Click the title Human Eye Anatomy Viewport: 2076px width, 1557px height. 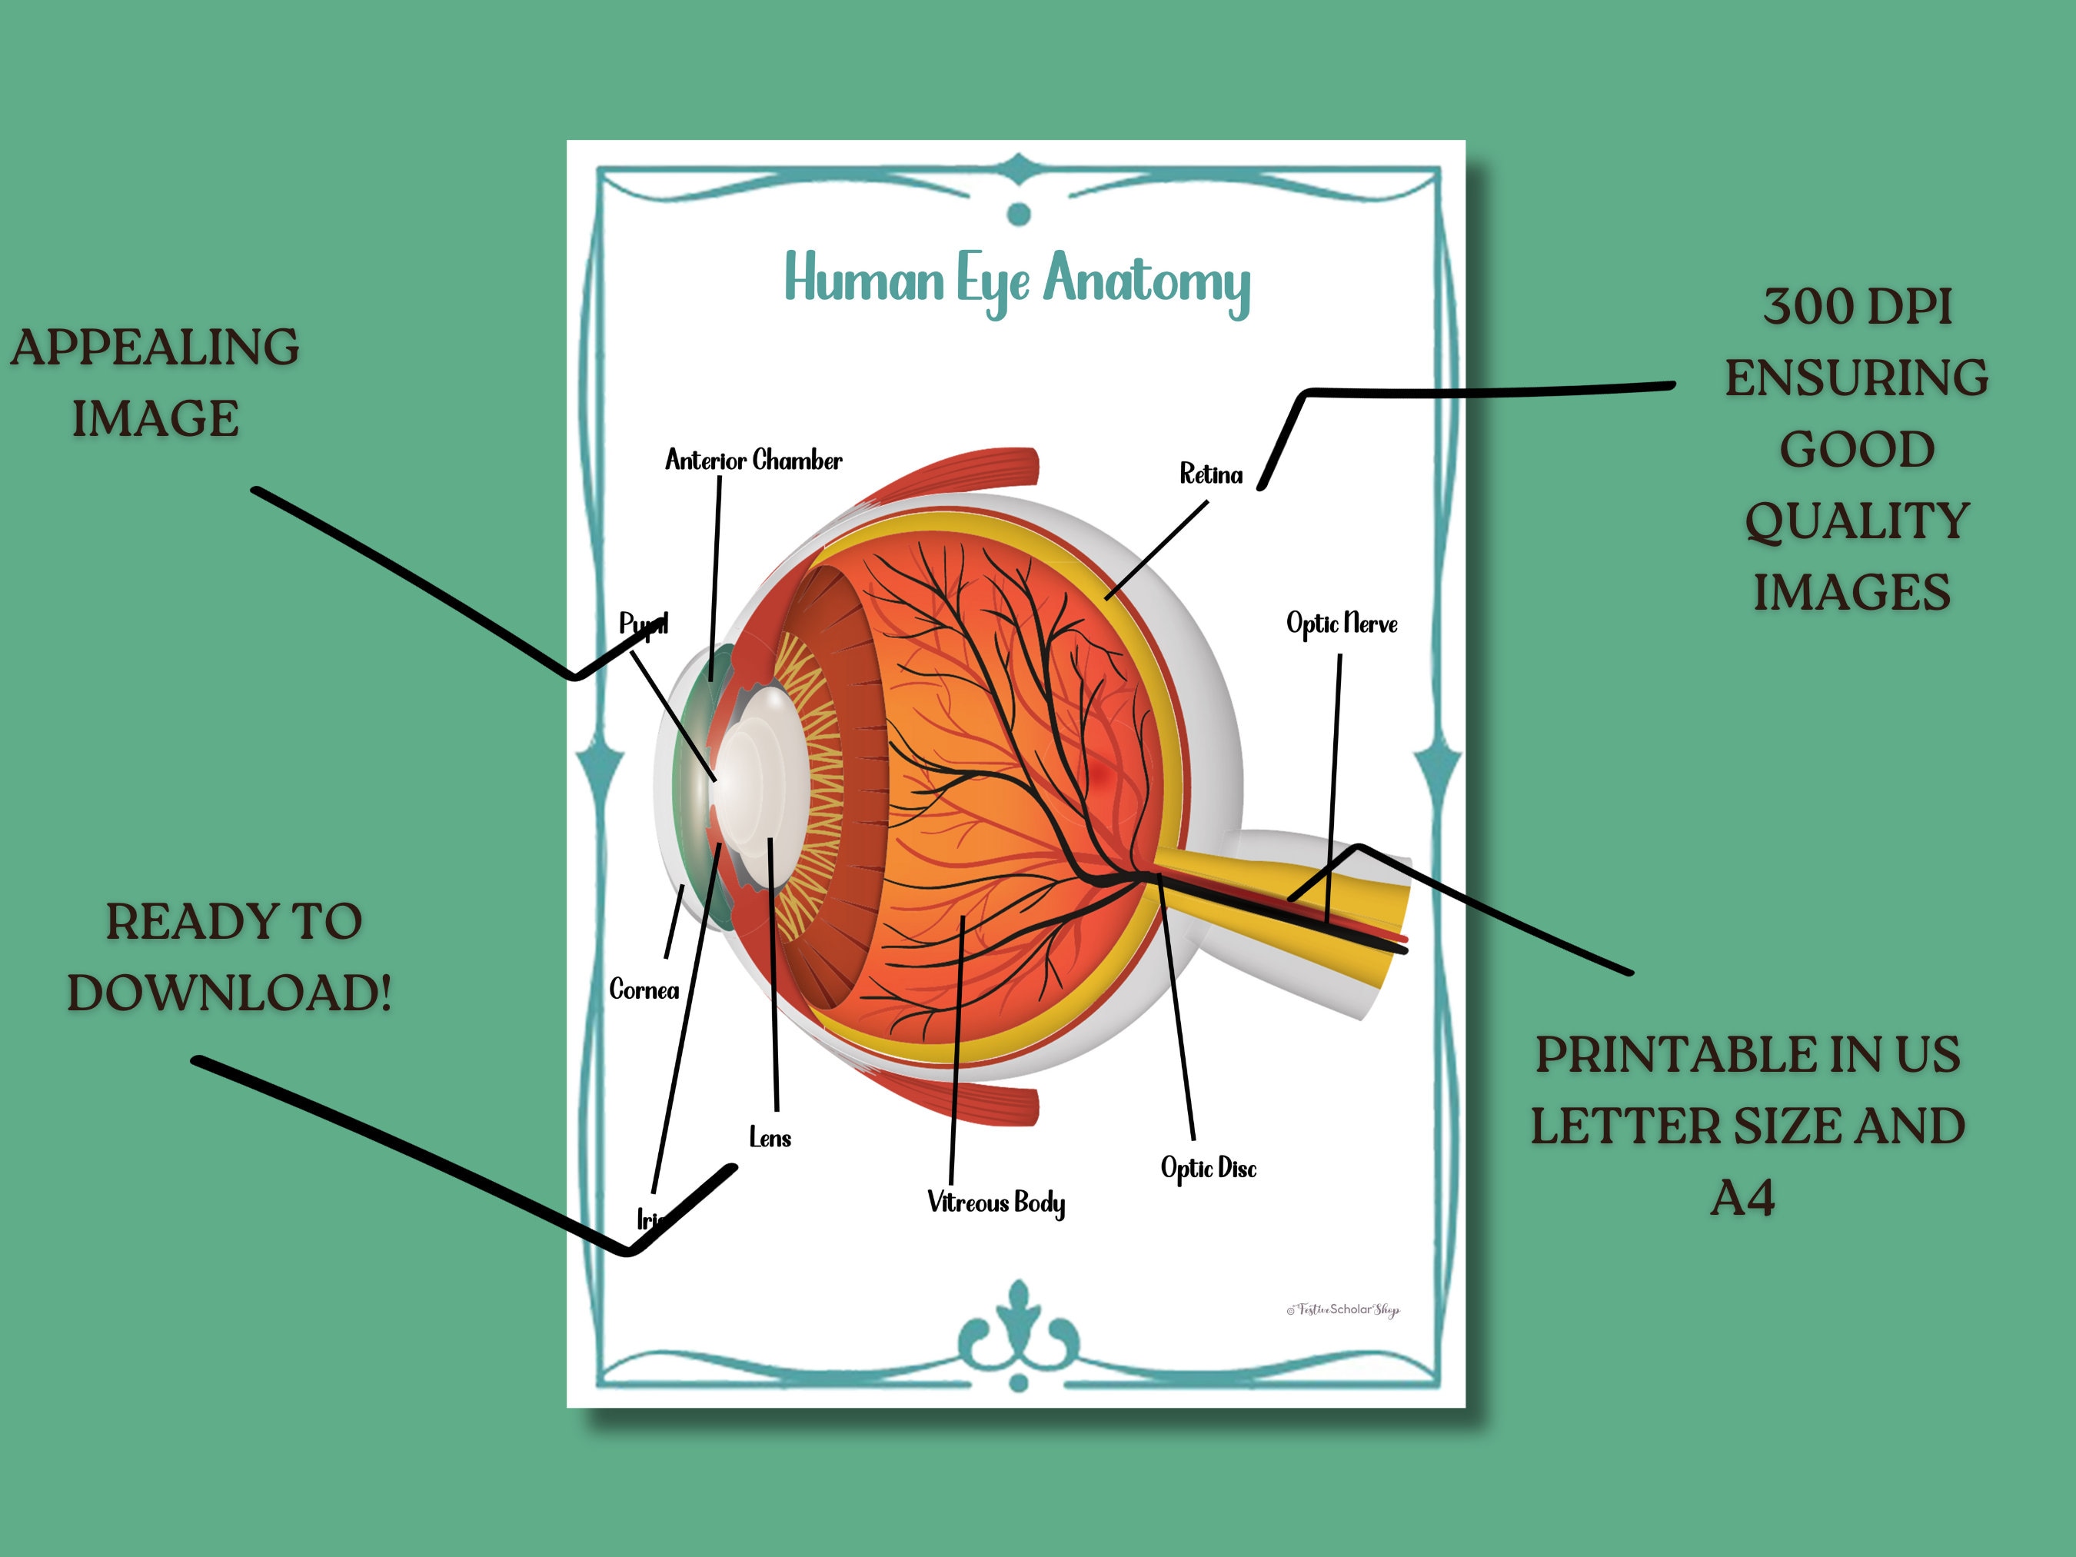tap(1017, 280)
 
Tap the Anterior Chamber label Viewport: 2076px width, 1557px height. tap(753, 460)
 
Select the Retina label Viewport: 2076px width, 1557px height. tap(1211, 474)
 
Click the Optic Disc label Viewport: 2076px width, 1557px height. tap(1208, 1169)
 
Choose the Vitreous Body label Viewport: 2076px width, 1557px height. tap(996, 1203)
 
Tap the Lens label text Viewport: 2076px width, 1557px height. tap(770, 1139)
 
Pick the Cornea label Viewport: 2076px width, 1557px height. tap(644, 990)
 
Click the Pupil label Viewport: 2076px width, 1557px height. tap(643, 623)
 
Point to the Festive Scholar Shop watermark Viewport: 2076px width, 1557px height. tap(1343, 1309)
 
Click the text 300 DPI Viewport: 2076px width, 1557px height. tap(1856, 307)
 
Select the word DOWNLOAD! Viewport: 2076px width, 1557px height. tap(229, 993)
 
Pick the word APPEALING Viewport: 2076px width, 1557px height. tap(155, 348)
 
